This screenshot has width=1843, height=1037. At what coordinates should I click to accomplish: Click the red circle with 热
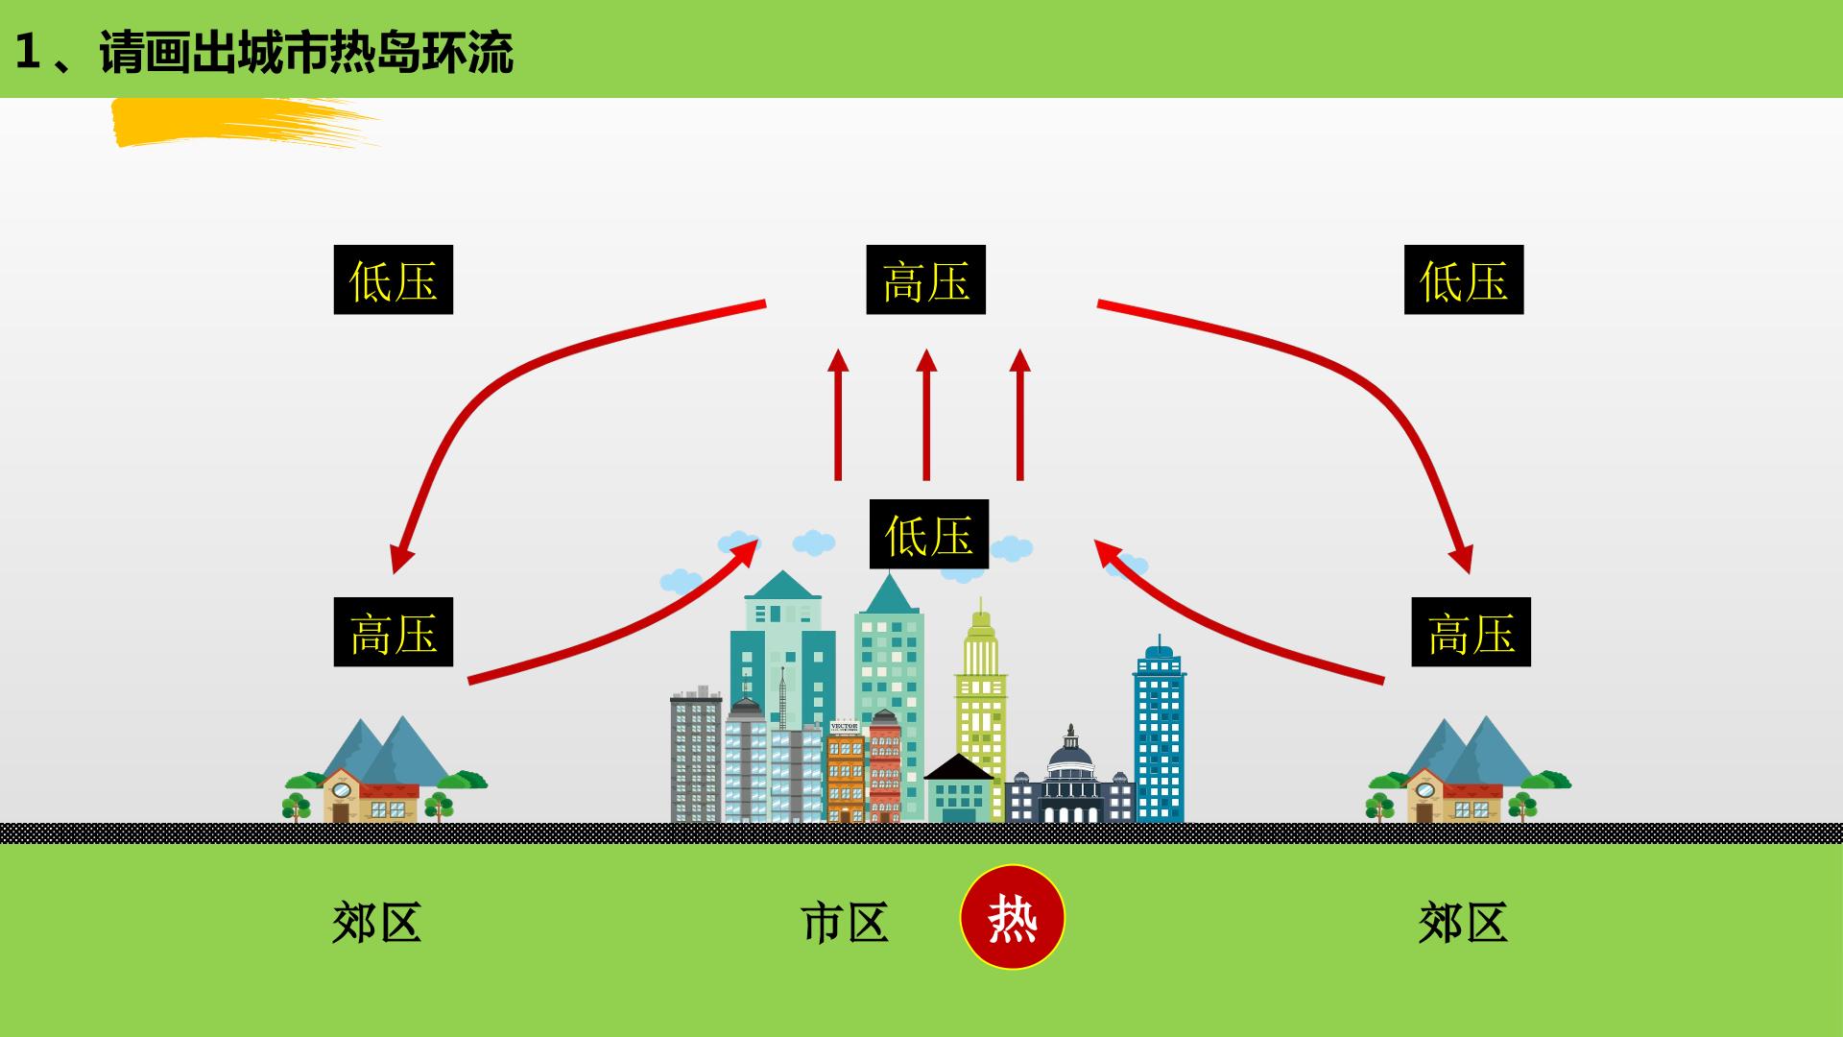tap(1013, 917)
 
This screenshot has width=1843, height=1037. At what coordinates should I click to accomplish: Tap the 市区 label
tap(845, 922)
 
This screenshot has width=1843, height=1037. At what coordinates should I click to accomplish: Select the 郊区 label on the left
tap(376, 922)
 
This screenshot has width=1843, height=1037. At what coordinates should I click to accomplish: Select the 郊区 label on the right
tap(1463, 922)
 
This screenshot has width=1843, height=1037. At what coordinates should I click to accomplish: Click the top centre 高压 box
tap(926, 279)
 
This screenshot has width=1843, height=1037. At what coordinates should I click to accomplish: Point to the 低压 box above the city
tap(929, 534)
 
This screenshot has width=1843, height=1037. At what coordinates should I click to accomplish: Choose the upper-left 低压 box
tap(394, 279)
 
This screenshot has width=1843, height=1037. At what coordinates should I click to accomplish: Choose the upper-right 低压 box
tap(1464, 279)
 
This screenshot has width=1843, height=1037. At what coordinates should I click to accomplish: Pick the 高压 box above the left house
tap(394, 632)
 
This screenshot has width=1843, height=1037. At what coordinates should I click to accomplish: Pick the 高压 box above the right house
tap(1472, 632)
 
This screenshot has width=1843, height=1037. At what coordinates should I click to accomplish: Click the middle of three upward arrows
tap(926, 414)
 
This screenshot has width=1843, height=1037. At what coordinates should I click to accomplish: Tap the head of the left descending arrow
tap(399, 559)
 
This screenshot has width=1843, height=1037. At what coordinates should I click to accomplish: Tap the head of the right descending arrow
tap(1462, 559)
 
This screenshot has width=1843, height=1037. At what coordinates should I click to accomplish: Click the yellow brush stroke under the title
tap(240, 122)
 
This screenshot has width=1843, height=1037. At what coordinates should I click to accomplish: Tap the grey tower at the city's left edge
tap(696, 756)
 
